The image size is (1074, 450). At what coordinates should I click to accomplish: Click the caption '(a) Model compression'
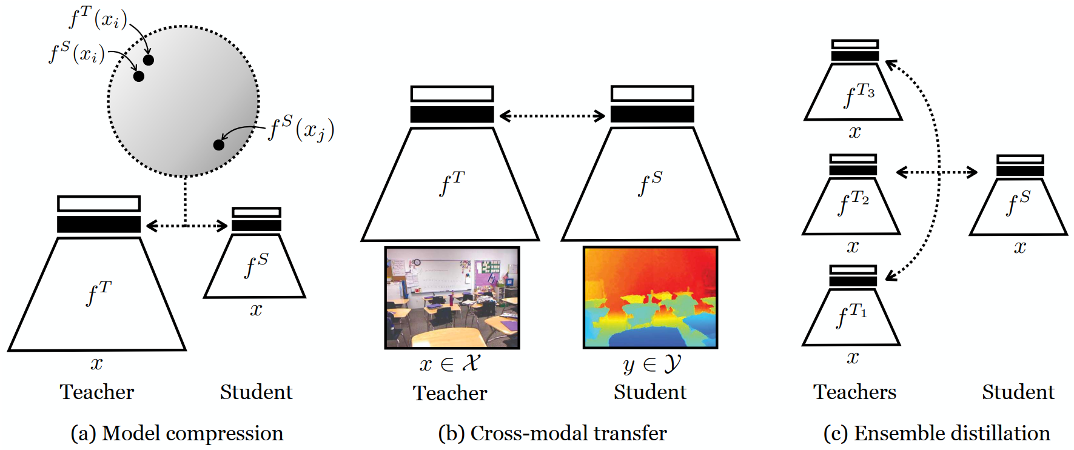[x=177, y=434]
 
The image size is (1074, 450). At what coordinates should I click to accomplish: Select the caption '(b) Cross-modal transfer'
[x=552, y=434]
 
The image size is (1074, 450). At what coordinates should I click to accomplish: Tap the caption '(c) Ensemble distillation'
[x=937, y=434]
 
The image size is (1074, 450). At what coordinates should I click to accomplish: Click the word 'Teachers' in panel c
[x=854, y=392]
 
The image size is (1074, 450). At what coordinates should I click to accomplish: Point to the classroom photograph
[x=452, y=298]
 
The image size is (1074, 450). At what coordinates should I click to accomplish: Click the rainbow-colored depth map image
[x=650, y=298]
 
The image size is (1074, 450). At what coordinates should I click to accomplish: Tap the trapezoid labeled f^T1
[x=851, y=317]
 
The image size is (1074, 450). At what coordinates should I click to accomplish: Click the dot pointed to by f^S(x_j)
[x=219, y=145]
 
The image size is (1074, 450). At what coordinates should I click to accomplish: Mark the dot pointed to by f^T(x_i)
[x=149, y=60]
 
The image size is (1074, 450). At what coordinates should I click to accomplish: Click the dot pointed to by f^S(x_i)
[x=139, y=76]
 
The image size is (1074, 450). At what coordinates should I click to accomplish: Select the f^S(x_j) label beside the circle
[x=301, y=129]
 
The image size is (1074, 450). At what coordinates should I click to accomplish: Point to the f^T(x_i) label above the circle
[x=98, y=18]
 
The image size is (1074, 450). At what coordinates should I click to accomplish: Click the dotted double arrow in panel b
[x=552, y=116]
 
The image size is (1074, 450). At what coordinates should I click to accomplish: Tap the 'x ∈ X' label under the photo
[x=450, y=363]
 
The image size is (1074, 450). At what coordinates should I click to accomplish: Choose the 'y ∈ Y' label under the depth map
[x=652, y=364]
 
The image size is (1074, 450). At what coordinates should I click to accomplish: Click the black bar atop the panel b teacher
[x=452, y=115]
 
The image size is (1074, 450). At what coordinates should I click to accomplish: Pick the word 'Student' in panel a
[x=256, y=392]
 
